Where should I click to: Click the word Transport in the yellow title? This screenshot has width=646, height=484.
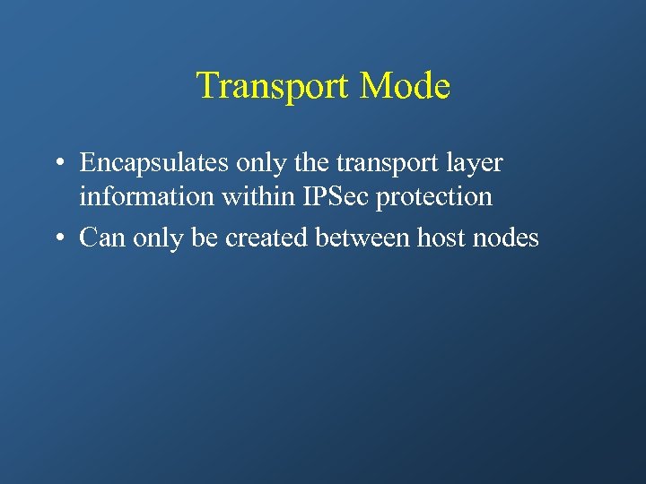pyautogui.click(x=273, y=86)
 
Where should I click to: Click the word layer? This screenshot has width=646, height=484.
pyautogui.click(x=472, y=164)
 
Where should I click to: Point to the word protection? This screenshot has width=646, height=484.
pyautogui.click(x=434, y=196)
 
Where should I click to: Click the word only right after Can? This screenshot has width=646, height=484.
pyautogui.click(x=153, y=238)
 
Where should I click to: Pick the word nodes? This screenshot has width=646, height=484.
pyautogui.click(x=507, y=238)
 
